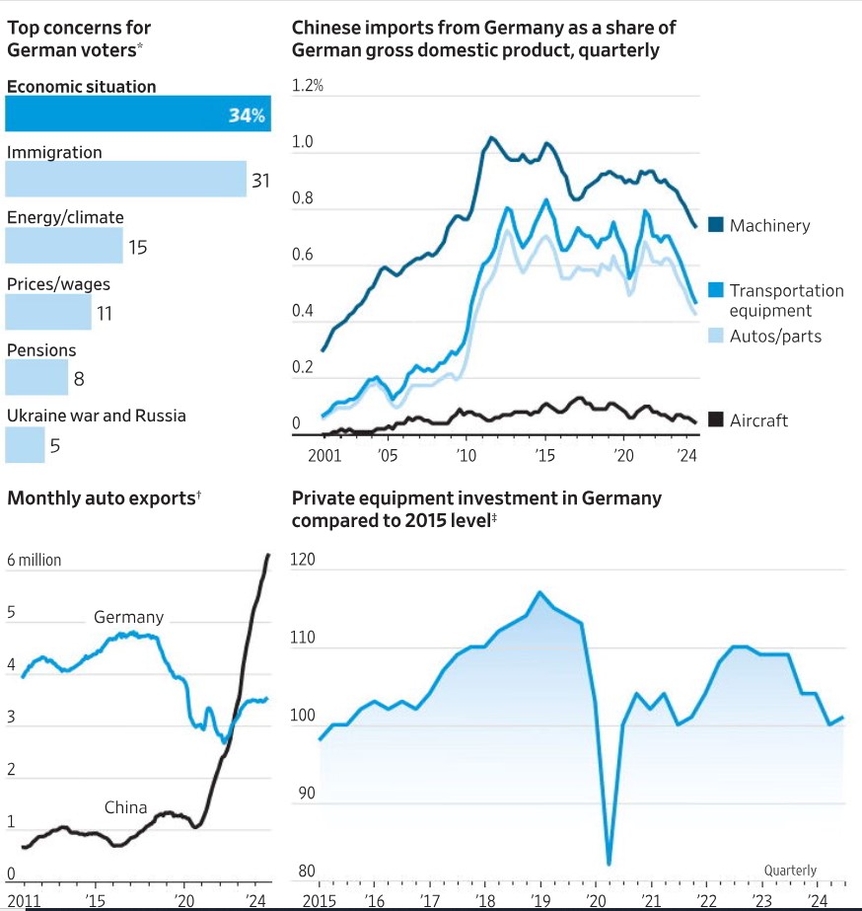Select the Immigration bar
(125, 180)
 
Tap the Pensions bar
(36, 378)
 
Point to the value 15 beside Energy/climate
(137, 247)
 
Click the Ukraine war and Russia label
(97, 416)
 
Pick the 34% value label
(247, 115)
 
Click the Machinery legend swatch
(716, 226)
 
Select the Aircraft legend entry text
(758, 420)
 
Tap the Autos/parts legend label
(775, 336)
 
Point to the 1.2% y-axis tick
(308, 86)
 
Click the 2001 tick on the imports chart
(324, 455)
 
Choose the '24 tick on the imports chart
(686, 455)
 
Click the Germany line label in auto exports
(128, 618)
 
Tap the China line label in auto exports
(125, 807)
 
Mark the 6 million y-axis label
(34, 560)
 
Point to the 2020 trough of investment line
(609, 865)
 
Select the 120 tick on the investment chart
(303, 560)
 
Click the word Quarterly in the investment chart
(790, 870)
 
